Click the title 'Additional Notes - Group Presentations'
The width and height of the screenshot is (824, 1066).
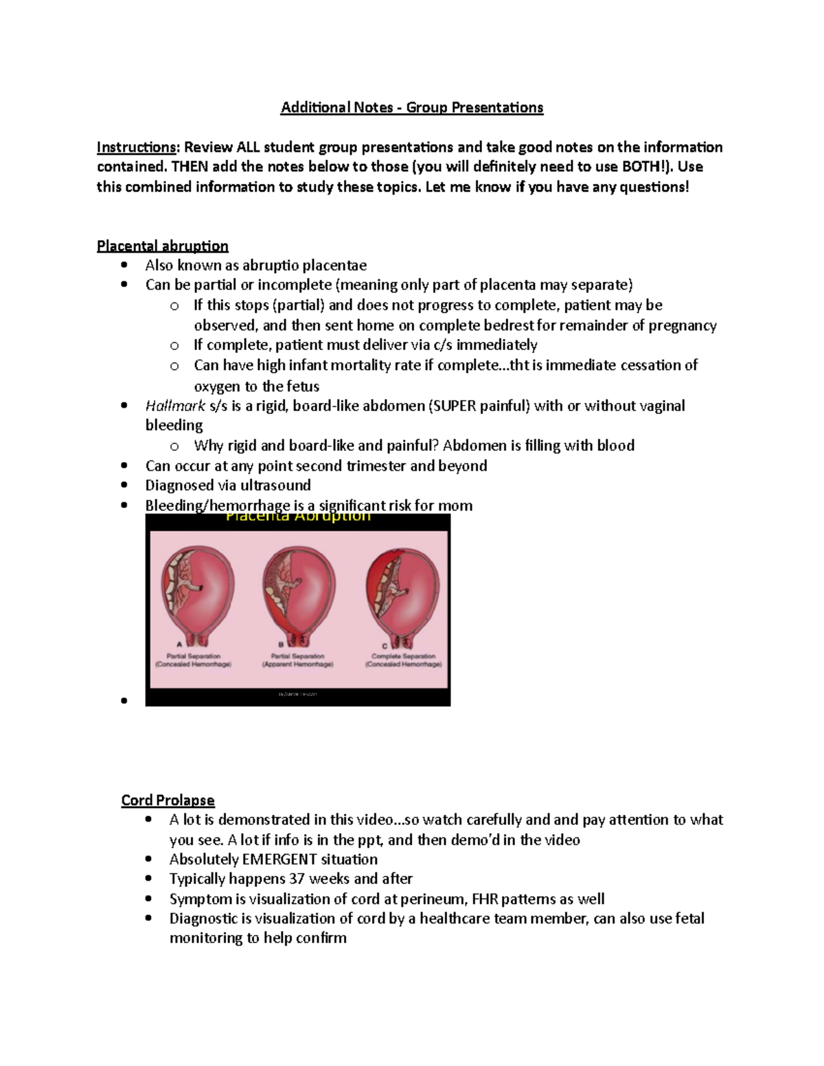[412, 108]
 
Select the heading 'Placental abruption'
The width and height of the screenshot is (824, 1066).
[162, 246]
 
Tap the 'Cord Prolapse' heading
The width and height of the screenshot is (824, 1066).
[168, 800]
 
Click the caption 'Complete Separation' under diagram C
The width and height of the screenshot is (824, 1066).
[403, 656]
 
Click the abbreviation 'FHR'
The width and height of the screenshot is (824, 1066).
[478, 899]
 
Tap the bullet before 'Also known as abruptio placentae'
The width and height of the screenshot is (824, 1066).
[124, 266]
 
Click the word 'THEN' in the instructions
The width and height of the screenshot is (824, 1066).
[190, 167]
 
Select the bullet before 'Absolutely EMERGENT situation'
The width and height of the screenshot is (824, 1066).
[148, 859]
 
